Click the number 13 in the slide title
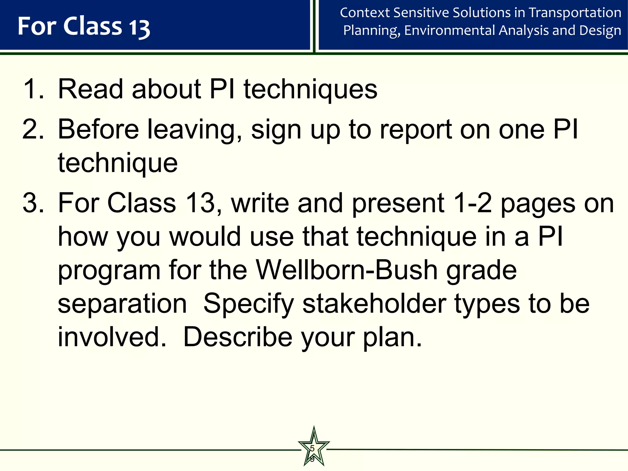click(x=139, y=27)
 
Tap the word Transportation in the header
click(x=575, y=13)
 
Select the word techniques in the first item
click(x=310, y=90)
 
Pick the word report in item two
click(x=415, y=130)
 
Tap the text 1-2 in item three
click(x=472, y=203)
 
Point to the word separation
click(x=122, y=304)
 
